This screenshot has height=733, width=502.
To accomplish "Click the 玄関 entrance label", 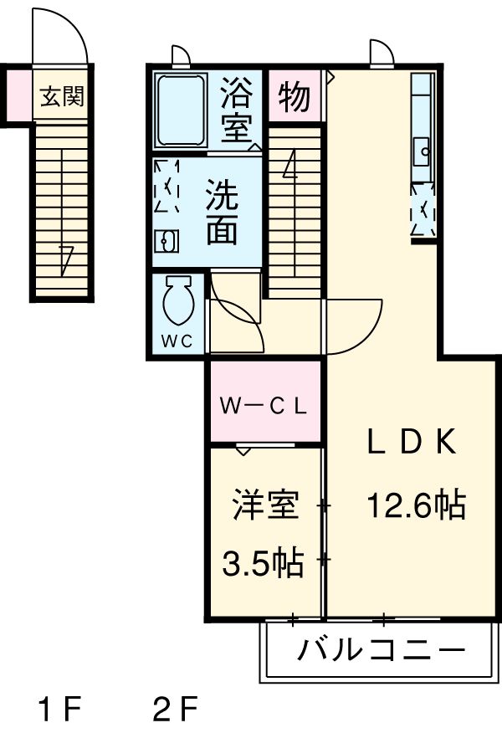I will click(62, 97).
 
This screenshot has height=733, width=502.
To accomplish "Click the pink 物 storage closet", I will click(295, 97).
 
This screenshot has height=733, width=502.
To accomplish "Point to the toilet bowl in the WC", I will click(178, 300).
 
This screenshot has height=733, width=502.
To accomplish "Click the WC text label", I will click(177, 341).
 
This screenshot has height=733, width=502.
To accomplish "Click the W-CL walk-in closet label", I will click(264, 408).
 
